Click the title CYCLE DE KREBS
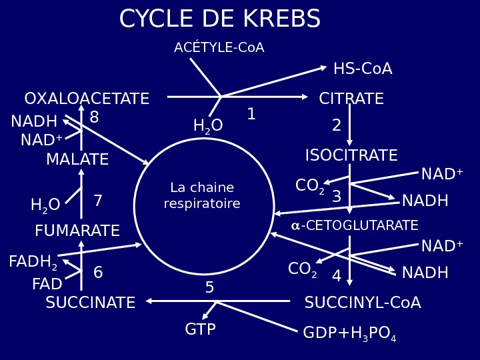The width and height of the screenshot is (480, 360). [219, 20]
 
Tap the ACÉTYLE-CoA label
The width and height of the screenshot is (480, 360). [219, 48]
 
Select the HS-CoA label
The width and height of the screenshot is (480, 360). [362, 69]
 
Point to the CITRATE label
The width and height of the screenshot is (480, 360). [351, 99]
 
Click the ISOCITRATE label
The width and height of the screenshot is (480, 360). [351, 156]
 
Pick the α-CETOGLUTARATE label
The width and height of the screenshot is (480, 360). [354, 226]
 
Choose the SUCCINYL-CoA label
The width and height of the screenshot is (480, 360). [362, 303]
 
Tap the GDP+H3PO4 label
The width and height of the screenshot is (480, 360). [349, 333]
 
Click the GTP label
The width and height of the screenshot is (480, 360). [200, 330]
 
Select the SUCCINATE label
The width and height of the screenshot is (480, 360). [90, 303]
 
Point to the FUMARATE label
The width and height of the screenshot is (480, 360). [77, 231]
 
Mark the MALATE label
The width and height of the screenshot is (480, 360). [77, 160]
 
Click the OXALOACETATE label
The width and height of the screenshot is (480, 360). [87, 99]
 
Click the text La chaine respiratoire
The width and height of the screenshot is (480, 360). [202, 196]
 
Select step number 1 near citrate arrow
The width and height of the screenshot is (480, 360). [251, 115]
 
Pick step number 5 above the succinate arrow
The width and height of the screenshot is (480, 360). [209, 288]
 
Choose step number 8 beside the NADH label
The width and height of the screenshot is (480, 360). [94, 118]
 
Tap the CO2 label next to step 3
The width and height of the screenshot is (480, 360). [309, 186]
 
